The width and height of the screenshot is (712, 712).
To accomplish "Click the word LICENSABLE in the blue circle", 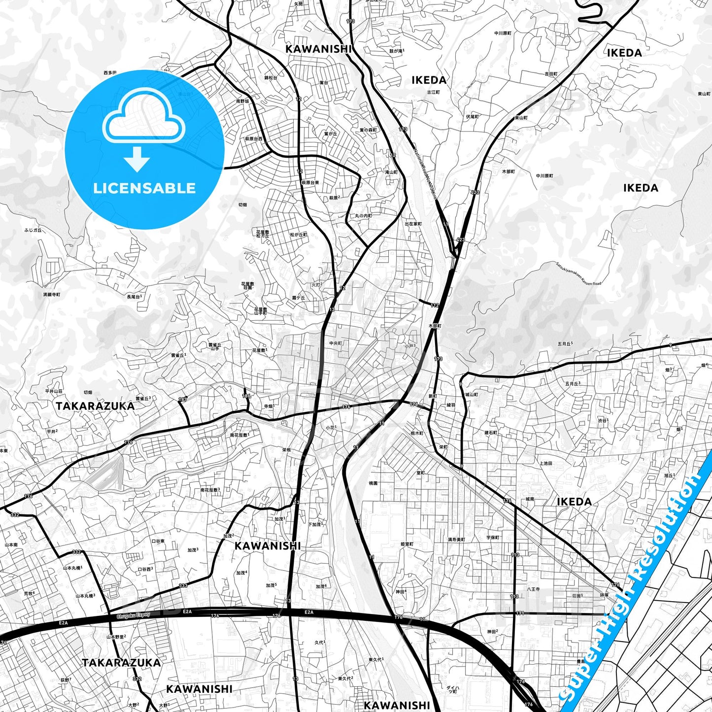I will pyautogui.click(x=144, y=188).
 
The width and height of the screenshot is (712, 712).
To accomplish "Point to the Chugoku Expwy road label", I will pyautogui.click(x=133, y=616).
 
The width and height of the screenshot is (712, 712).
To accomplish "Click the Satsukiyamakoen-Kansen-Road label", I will pyautogui.click(x=578, y=273).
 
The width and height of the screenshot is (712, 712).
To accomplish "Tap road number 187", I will pyautogui.click(x=183, y=400).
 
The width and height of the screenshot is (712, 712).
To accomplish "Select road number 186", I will pyautogui.click(x=246, y=396).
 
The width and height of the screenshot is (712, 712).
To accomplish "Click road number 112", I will pyautogui.click(x=434, y=305).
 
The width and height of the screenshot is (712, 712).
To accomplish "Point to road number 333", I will pyautogui.click(x=183, y=585).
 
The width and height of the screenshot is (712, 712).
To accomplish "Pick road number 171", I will pyautogui.click(x=520, y=613).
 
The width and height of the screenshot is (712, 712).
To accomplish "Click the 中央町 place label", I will pyautogui.click(x=336, y=343).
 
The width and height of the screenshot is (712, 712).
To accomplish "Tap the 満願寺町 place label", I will pyautogui.click(x=51, y=294).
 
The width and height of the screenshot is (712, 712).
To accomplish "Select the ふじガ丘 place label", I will pyautogui.click(x=33, y=230).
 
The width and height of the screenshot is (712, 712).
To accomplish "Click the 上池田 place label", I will pyautogui.click(x=545, y=463).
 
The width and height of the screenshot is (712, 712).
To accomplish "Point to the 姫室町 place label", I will pyautogui.click(x=407, y=544).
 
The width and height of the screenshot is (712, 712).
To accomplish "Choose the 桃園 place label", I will pyautogui.click(x=373, y=483).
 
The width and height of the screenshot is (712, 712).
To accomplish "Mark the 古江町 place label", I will pyautogui.click(x=433, y=92).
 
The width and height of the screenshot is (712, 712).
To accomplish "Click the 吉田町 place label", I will pyautogui.click(x=551, y=74).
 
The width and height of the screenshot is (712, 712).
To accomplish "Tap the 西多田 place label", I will pyautogui.click(x=110, y=73).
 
